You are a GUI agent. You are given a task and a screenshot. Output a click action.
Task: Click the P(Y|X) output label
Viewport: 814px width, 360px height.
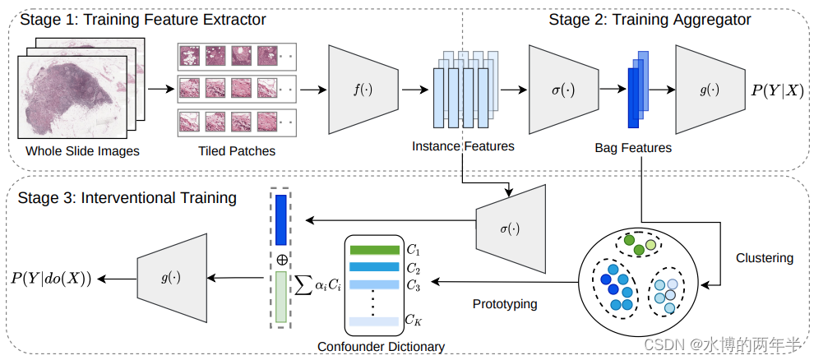pos(776,90)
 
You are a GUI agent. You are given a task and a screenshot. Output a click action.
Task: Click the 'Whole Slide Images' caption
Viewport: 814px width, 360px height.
pos(82,151)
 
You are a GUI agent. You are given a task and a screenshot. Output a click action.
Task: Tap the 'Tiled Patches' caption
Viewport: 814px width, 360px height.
pos(237,151)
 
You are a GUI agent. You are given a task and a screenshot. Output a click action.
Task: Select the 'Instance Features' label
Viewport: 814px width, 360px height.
pos(464,146)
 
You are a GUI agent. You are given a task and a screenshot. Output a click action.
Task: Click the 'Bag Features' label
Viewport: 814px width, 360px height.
pos(633,148)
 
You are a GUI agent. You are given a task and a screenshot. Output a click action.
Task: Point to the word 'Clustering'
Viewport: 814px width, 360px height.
pos(765,258)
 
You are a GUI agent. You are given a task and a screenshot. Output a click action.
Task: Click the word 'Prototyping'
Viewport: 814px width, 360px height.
pos(505,304)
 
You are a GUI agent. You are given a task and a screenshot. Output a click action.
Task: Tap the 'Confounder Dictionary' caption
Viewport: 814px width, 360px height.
pos(381,346)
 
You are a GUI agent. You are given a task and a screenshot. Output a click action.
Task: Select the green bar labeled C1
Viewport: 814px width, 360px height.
pos(374,250)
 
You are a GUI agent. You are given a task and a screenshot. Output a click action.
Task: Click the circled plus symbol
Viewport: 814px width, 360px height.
pos(282,259)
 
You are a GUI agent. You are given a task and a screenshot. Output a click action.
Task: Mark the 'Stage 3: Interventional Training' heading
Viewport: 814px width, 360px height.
pos(128,198)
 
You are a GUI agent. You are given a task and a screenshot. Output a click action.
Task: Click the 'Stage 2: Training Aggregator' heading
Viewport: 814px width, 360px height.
pos(650,19)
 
